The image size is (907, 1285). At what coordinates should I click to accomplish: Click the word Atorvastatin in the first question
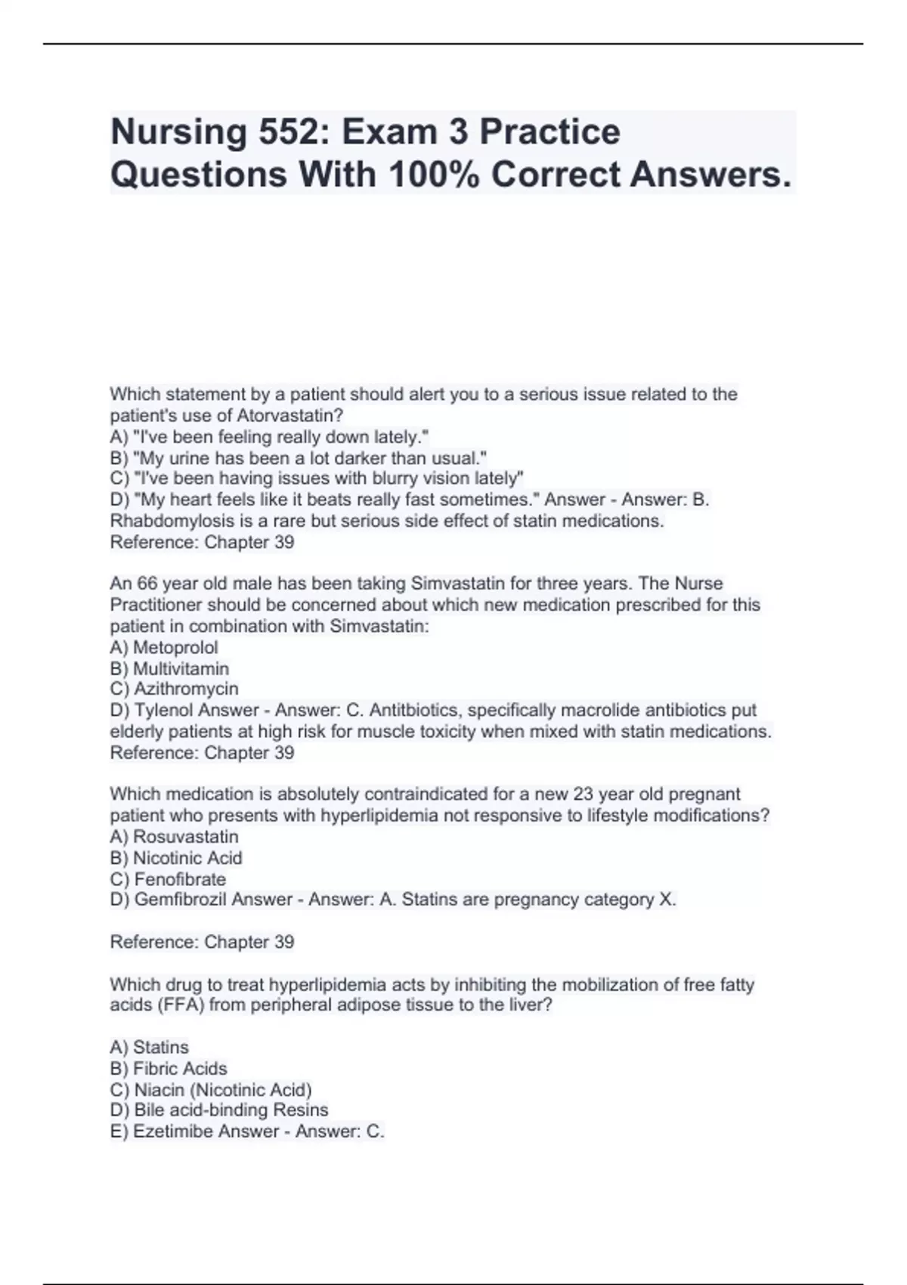(290, 415)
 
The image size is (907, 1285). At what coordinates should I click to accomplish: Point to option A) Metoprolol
(164, 647)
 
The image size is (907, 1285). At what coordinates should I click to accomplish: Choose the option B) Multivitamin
(169, 668)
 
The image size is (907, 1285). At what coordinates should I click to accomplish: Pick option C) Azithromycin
(174, 689)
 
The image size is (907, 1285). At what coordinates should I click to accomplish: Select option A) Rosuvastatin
(174, 837)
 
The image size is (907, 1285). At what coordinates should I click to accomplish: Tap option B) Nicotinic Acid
(176, 858)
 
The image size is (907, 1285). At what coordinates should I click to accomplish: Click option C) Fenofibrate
(168, 879)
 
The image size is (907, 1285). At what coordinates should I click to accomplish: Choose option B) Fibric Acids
(169, 1068)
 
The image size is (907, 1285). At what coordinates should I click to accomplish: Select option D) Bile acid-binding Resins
(219, 1110)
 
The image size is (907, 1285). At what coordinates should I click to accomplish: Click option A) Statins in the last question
(150, 1047)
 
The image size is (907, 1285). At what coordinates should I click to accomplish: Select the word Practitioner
(156, 605)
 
